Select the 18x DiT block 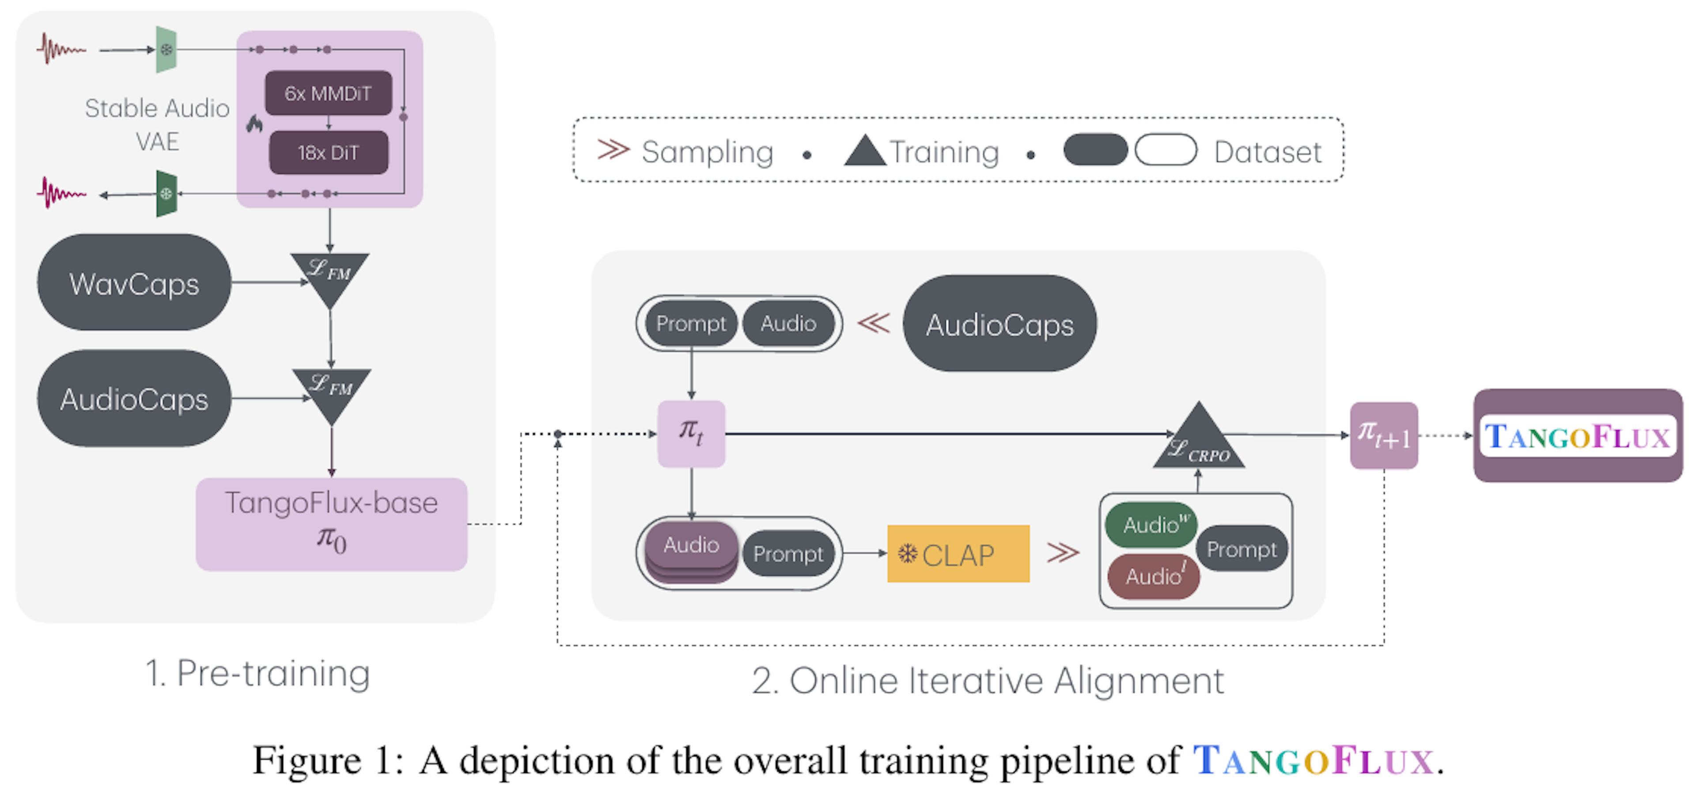(328, 153)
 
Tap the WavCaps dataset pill (134, 283)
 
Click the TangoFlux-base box (331, 524)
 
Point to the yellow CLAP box (958, 554)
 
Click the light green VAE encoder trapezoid (166, 49)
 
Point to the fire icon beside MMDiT (254, 124)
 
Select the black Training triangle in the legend (864, 151)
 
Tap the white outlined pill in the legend (1166, 150)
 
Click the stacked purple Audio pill (691, 550)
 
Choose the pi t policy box (691, 434)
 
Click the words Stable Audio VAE (157, 125)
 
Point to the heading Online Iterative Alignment (988, 680)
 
